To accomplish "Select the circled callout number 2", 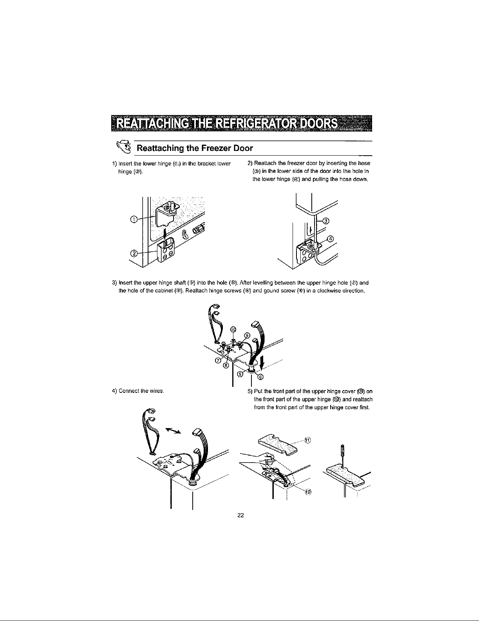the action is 133,253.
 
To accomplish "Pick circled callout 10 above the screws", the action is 233,329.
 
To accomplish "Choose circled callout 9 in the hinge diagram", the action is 247,335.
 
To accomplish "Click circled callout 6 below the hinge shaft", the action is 260,377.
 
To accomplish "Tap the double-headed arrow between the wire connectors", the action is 173,430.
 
